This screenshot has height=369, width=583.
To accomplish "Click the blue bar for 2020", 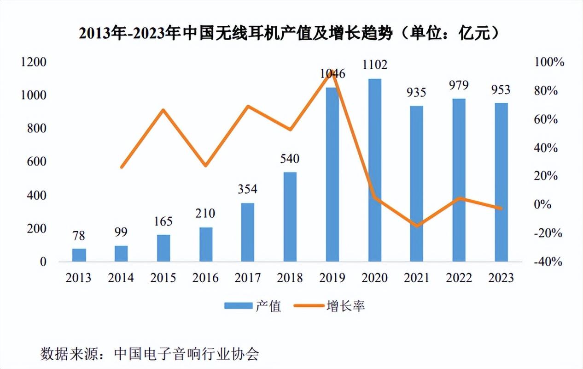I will click(x=375, y=171).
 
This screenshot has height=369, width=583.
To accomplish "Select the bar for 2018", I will click(x=290, y=217).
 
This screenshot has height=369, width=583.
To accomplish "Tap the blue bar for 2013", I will click(x=79, y=255).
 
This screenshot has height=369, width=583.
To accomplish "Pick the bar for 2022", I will click(x=459, y=180).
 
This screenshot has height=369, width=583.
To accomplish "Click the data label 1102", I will click(x=374, y=64).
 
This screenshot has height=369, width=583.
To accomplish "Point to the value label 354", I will click(x=248, y=189).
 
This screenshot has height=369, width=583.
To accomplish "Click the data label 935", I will click(x=417, y=92).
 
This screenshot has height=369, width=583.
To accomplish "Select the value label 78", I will click(x=79, y=236).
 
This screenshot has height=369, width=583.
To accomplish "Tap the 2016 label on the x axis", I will click(x=205, y=278).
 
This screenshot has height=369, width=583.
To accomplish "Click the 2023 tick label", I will click(x=501, y=278).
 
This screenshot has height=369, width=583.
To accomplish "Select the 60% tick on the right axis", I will click(x=548, y=119).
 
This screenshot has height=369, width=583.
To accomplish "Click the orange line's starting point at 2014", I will click(x=122, y=167).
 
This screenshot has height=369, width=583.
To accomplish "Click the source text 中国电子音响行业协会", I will click(x=187, y=354).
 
